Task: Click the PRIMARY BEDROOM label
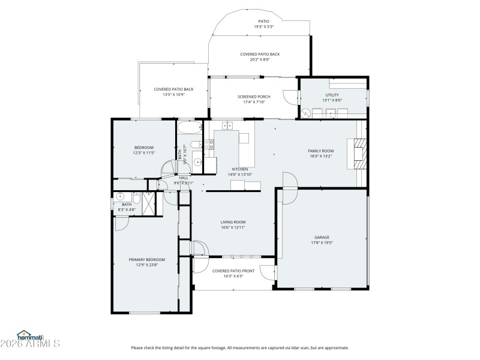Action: pyautogui.click(x=146, y=260)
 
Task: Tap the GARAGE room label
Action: pyautogui.click(x=322, y=237)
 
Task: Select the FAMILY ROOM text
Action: pyautogui.click(x=321, y=151)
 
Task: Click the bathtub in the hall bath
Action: pyautogui.click(x=190, y=128)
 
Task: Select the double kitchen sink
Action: pyautogui.click(x=227, y=125)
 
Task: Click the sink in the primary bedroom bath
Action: pyautogui.click(x=121, y=196)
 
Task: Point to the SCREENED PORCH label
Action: pyautogui.click(x=254, y=97)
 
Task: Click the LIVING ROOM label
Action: pyautogui.click(x=233, y=222)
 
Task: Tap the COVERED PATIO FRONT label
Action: pyautogui.click(x=233, y=271)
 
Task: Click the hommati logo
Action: pyautogui.click(x=30, y=335)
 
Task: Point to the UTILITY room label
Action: pyautogui.click(x=332, y=95)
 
